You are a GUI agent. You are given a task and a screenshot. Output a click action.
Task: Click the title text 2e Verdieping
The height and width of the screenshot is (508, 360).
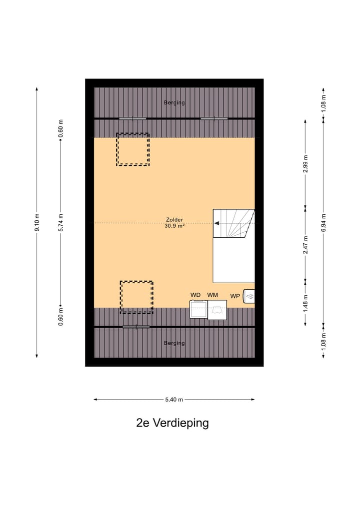(x=172, y=423)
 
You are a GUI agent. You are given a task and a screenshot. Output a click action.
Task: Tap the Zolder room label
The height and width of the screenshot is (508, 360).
(x=174, y=219)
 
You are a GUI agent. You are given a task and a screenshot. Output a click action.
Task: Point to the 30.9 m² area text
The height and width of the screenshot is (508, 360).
(x=174, y=226)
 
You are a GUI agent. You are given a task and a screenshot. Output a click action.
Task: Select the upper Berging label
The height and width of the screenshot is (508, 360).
(x=174, y=103)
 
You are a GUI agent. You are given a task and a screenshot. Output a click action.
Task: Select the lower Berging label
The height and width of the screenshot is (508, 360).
(x=174, y=343)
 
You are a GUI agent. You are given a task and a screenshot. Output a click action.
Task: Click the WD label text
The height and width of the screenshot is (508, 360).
(x=195, y=295)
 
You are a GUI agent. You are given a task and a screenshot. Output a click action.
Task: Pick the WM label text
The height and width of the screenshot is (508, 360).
(x=213, y=295)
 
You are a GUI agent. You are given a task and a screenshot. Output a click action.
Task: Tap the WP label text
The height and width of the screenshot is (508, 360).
(x=235, y=296)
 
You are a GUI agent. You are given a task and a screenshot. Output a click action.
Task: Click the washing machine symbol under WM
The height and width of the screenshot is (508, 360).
(x=217, y=310)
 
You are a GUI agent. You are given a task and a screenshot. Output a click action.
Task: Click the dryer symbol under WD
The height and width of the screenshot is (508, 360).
(x=198, y=310)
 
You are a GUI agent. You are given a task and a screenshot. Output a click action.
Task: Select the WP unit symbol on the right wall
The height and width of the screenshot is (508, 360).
(x=249, y=297)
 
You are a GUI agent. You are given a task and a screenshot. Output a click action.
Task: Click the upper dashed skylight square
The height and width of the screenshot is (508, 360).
(x=133, y=149)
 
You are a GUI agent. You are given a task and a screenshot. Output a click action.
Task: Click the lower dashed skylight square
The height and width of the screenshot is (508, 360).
(x=136, y=297)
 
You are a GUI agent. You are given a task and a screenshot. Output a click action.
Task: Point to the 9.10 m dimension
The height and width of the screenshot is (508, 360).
(x=36, y=223)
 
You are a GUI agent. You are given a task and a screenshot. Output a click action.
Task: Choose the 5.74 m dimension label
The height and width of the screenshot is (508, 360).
(x=60, y=223)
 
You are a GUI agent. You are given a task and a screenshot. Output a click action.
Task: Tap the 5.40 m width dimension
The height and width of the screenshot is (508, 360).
(x=174, y=400)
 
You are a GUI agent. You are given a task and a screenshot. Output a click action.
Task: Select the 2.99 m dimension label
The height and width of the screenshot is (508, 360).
(x=305, y=164)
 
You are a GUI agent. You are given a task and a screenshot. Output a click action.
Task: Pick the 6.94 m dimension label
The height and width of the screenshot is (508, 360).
(x=323, y=223)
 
